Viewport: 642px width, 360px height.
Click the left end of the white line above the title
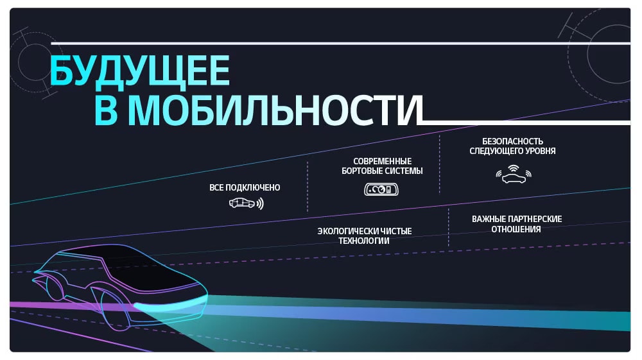point(51,43)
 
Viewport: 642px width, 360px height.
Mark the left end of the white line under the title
point(422,123)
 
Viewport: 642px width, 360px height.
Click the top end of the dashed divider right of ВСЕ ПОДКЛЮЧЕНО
point(308,162)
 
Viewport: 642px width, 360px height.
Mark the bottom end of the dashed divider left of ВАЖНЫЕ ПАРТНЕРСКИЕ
point(448,245)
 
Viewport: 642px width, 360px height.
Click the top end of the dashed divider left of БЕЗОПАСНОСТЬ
point(439,135)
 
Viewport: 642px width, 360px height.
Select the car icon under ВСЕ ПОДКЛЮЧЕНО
point(242,203)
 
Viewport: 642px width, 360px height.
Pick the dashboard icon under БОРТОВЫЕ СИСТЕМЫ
point(381,189)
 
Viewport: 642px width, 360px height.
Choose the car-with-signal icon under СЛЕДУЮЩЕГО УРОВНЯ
point(514,175)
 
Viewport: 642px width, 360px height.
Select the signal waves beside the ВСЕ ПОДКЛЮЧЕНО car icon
point(260,203)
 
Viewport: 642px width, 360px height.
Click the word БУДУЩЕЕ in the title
point(139,72)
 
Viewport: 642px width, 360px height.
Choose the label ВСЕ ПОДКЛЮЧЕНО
point(245,187)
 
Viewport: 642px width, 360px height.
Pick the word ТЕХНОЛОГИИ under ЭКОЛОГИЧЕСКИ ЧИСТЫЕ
point(364,241)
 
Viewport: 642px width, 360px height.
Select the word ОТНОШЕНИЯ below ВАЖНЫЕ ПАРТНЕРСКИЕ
point(516,229)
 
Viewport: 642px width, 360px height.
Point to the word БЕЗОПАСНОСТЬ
point(512,141)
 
